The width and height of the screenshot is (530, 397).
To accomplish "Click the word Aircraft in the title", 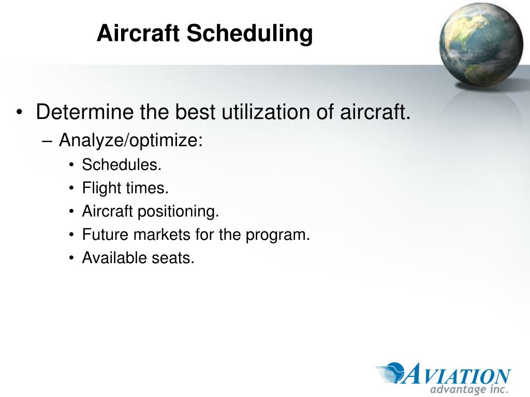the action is (x=138, y=33).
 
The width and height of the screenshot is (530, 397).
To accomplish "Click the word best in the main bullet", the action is (x=195, y=112).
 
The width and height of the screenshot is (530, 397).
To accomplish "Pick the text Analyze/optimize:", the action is (x=131, y=140).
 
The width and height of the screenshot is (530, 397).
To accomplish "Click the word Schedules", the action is (x=122, y=165).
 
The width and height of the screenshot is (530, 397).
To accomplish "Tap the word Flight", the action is (x=101, y=188).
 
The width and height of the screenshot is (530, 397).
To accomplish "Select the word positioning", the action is (x=179, y=211).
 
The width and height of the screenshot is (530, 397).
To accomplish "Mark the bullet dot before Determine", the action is (x=19, y=112).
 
